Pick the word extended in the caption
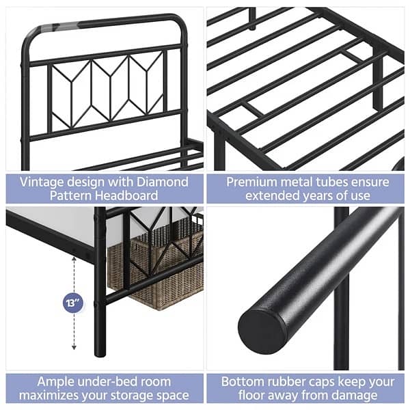click(x=263, y=197)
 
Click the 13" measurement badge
click(x=73, y=301)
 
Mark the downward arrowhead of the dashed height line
click(x=73, y=348)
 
